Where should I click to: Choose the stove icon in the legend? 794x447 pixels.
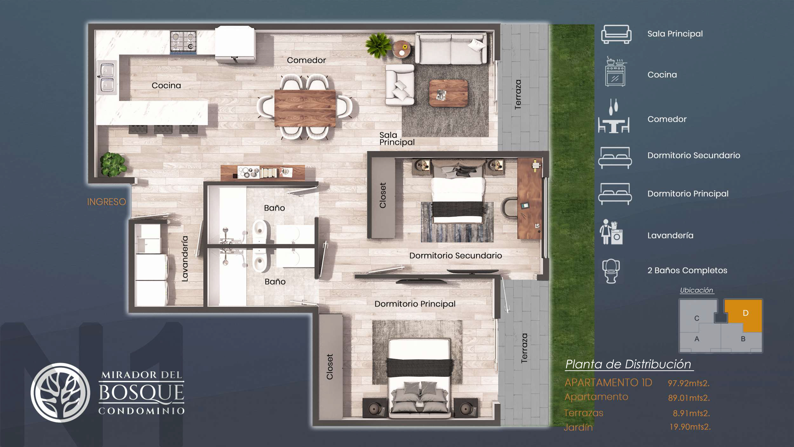[x=615, y=72]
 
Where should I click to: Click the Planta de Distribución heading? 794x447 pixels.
[x=628, y=364]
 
